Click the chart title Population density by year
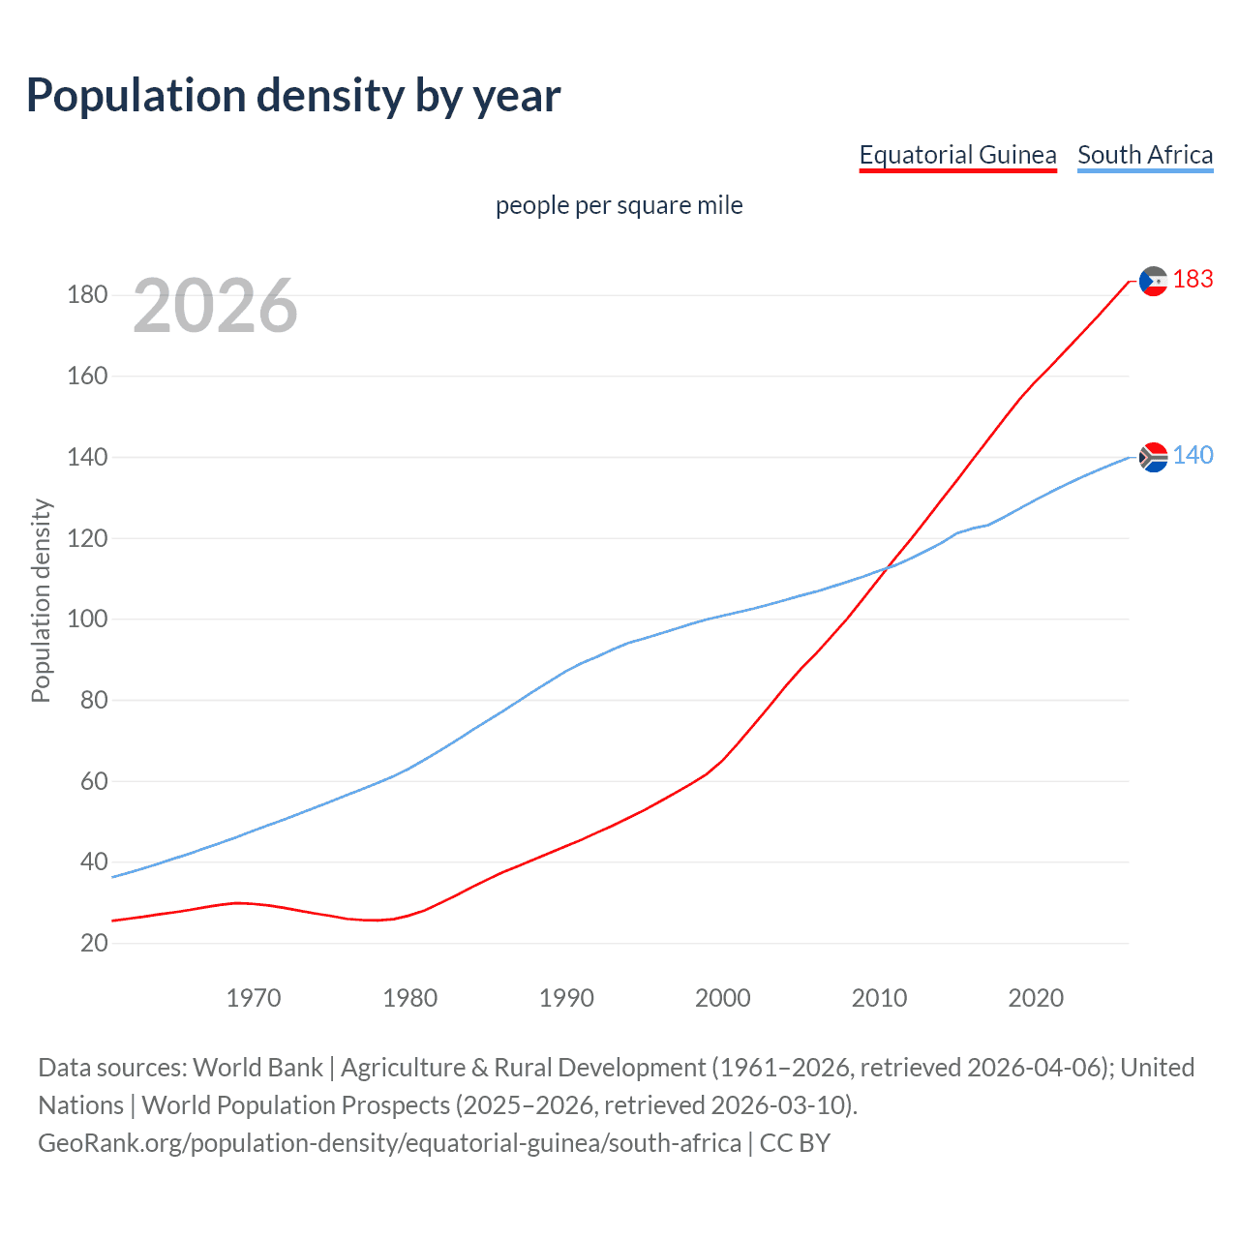click(x=293, y=96)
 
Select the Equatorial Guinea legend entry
click(x=957, y=155)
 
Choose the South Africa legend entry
click(x=1145, y=155)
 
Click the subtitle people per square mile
click(x=619, y=205)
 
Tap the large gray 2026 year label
click(x=215, y=306)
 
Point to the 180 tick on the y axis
click(x=87, y=294)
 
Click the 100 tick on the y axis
click(x=87, y=619)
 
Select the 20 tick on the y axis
click(x=93, y=943)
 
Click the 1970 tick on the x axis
click(x=254, y=998)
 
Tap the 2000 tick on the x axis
click(x=723, y=998)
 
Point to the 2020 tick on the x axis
click(x=1036, y=998)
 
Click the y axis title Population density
click(x=41, y=600)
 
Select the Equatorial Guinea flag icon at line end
click(x=1153, y=281)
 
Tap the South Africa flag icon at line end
click(x=1153, y=456)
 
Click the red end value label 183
click(x=1193, y=280)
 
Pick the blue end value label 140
click(x=1193, y=455)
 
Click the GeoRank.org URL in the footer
click(x=389, y=1143)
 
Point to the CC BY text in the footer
click(x=795, y=1143)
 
